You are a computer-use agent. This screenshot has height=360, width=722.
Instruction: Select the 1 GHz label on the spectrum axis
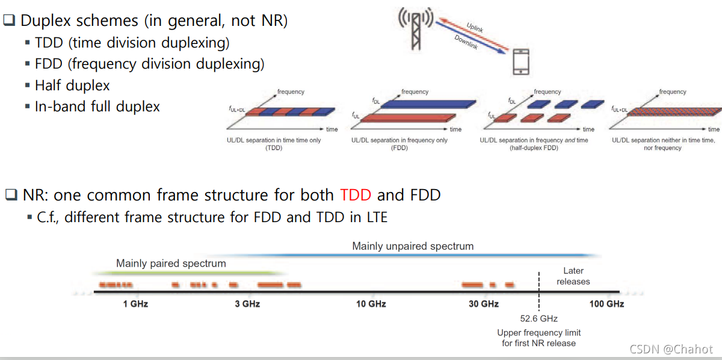(135, 304)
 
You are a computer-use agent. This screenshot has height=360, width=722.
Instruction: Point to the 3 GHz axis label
(247, 304)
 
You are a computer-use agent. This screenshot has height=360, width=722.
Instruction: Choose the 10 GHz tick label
(371, 304)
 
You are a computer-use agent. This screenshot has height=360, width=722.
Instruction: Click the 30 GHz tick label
(483, 304)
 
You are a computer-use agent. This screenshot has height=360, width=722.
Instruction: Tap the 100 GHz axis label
(606, 304)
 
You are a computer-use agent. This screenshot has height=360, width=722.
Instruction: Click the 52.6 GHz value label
(539, 319)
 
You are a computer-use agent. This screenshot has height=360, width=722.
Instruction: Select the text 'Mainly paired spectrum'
(171, 264)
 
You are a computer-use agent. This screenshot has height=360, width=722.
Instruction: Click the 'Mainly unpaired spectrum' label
(413, 246)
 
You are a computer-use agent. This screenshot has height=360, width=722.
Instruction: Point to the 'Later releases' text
(573, 276)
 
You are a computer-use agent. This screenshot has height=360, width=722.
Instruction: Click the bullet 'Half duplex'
(72, 85)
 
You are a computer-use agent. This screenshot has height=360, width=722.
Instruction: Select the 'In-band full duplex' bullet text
(97, 107)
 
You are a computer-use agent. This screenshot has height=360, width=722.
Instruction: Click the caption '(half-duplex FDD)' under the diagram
(534, 148)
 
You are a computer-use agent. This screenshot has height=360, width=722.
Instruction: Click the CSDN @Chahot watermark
(671, 349)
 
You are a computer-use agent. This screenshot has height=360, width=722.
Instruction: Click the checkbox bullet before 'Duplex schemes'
(10, 20)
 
